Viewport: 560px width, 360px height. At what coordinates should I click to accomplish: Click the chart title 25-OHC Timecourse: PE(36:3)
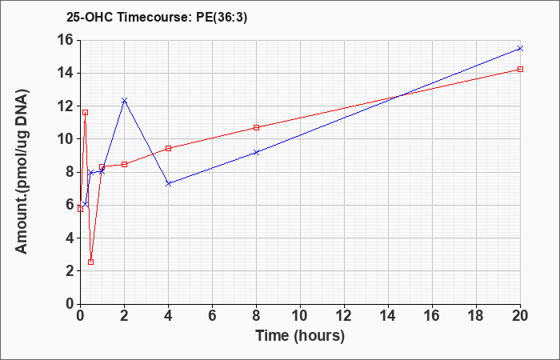click(x=157, y=18)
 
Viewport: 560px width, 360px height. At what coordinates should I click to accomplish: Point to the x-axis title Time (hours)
click(x=300, y=336)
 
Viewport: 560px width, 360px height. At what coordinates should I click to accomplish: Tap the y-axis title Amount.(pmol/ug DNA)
click(x=22, y=171)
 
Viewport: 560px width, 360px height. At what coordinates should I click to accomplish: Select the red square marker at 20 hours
click(x=520, y=70)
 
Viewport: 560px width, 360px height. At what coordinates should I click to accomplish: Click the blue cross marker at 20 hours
click(x=520, y=48)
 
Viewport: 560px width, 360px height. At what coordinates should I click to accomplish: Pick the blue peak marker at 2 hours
click(x=124, y=100)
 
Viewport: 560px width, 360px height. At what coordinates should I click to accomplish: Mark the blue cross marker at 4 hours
click(x=169, y=183)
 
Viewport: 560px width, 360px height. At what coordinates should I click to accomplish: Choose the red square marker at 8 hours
click(x=256, y=127)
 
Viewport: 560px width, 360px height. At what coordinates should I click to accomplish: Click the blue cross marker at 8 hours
click(x=256, y=153)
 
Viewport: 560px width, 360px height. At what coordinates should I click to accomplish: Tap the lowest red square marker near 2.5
click(x=90, y=262)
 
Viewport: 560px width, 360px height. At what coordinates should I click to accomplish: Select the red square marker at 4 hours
click(x=169, y=148)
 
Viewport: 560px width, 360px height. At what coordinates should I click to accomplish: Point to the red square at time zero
click(x=80, y=210)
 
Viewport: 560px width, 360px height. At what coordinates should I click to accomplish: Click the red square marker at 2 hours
click(x=124, y=164)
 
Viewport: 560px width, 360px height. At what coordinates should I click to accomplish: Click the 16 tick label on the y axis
click(x=66, y=40)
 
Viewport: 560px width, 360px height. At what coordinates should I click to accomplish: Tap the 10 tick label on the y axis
click(x=66, y=139)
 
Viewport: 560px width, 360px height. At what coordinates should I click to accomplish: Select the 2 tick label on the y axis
click(x=70, y=270)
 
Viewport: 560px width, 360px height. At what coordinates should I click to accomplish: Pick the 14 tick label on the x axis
click(x=388, y=316)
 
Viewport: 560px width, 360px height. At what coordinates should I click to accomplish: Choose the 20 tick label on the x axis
click(x=520, y=316)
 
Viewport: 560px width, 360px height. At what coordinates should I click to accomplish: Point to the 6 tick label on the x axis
click(x=212, y=316)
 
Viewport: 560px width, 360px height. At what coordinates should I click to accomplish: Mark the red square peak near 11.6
click(x=85, y=113)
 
